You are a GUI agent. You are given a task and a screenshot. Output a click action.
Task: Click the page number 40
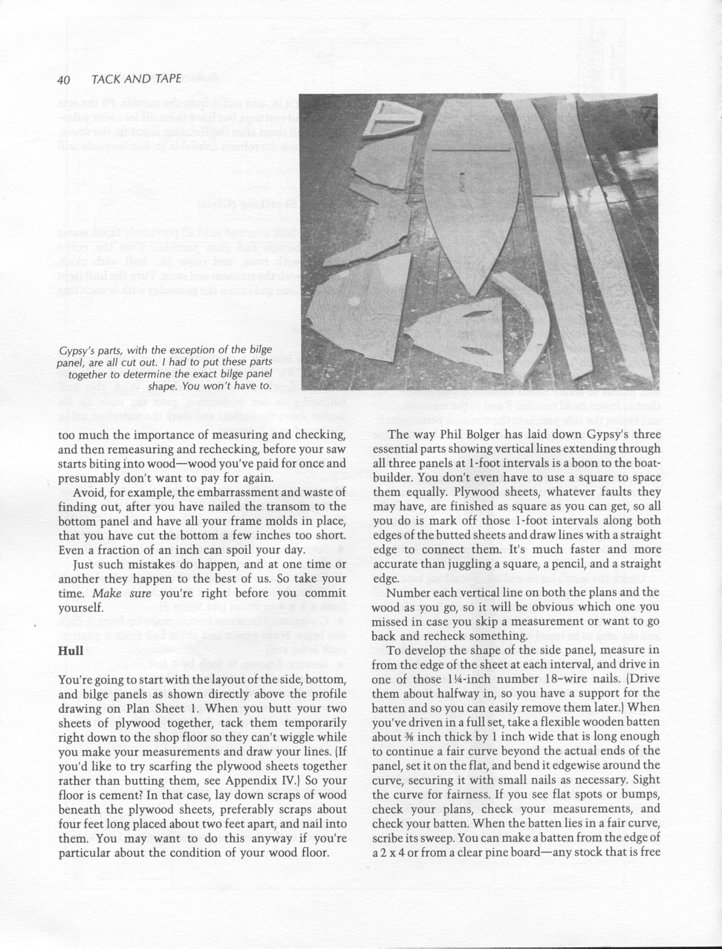[64, 79]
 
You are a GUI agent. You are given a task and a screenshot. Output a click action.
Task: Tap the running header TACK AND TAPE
[136, 79]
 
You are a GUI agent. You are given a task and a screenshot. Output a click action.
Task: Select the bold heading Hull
[70, 651]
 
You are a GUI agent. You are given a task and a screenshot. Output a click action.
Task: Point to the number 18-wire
[554, 680]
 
